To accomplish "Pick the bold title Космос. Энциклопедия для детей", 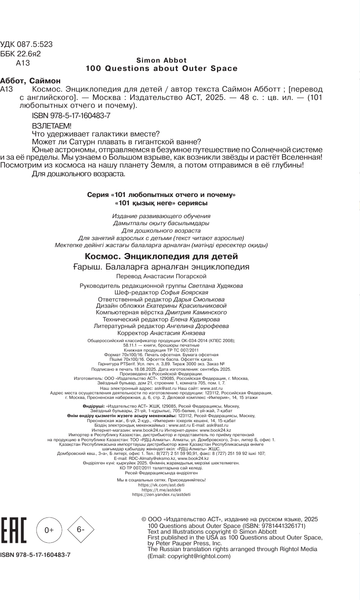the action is tap(180, 283).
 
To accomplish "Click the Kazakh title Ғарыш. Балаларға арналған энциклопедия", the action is tap(180, 294).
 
